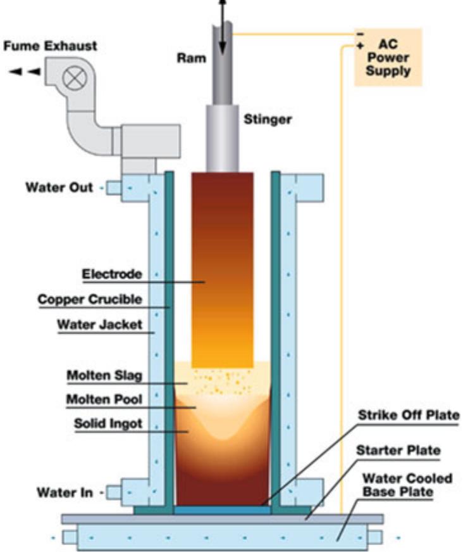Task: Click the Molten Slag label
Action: (x=104, y=375)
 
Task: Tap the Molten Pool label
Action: (x=104, y=401)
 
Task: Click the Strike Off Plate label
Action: (x=408, y=416)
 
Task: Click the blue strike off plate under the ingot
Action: (x=222, y=510)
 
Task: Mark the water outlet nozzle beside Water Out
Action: (x=114, y=188)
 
